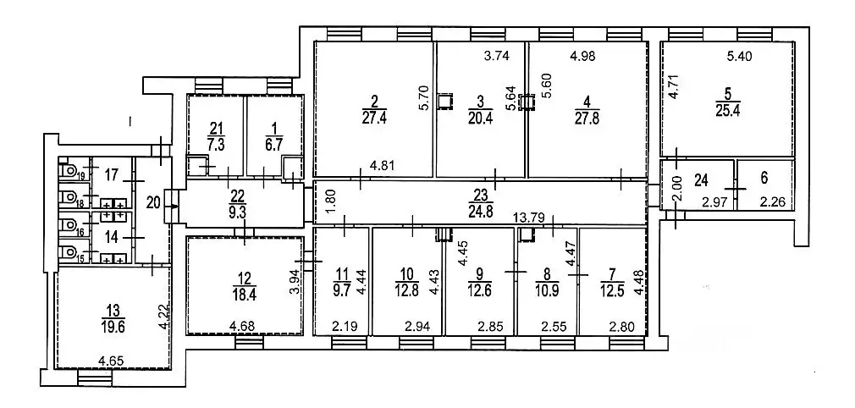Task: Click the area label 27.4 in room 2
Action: [x=375, y=118]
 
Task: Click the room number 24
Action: [x=700, y=179]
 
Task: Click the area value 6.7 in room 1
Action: [x=269, y=144]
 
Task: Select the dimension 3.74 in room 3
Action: [x=497, y=58]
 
